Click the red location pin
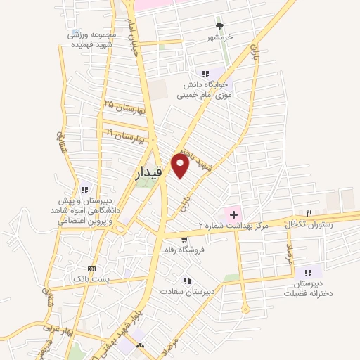pos(181,167)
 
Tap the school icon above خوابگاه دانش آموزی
pos(205,73)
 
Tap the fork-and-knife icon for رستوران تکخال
pos(308,212)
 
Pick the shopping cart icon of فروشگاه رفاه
pos(184,239)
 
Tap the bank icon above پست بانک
pos(91,269)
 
